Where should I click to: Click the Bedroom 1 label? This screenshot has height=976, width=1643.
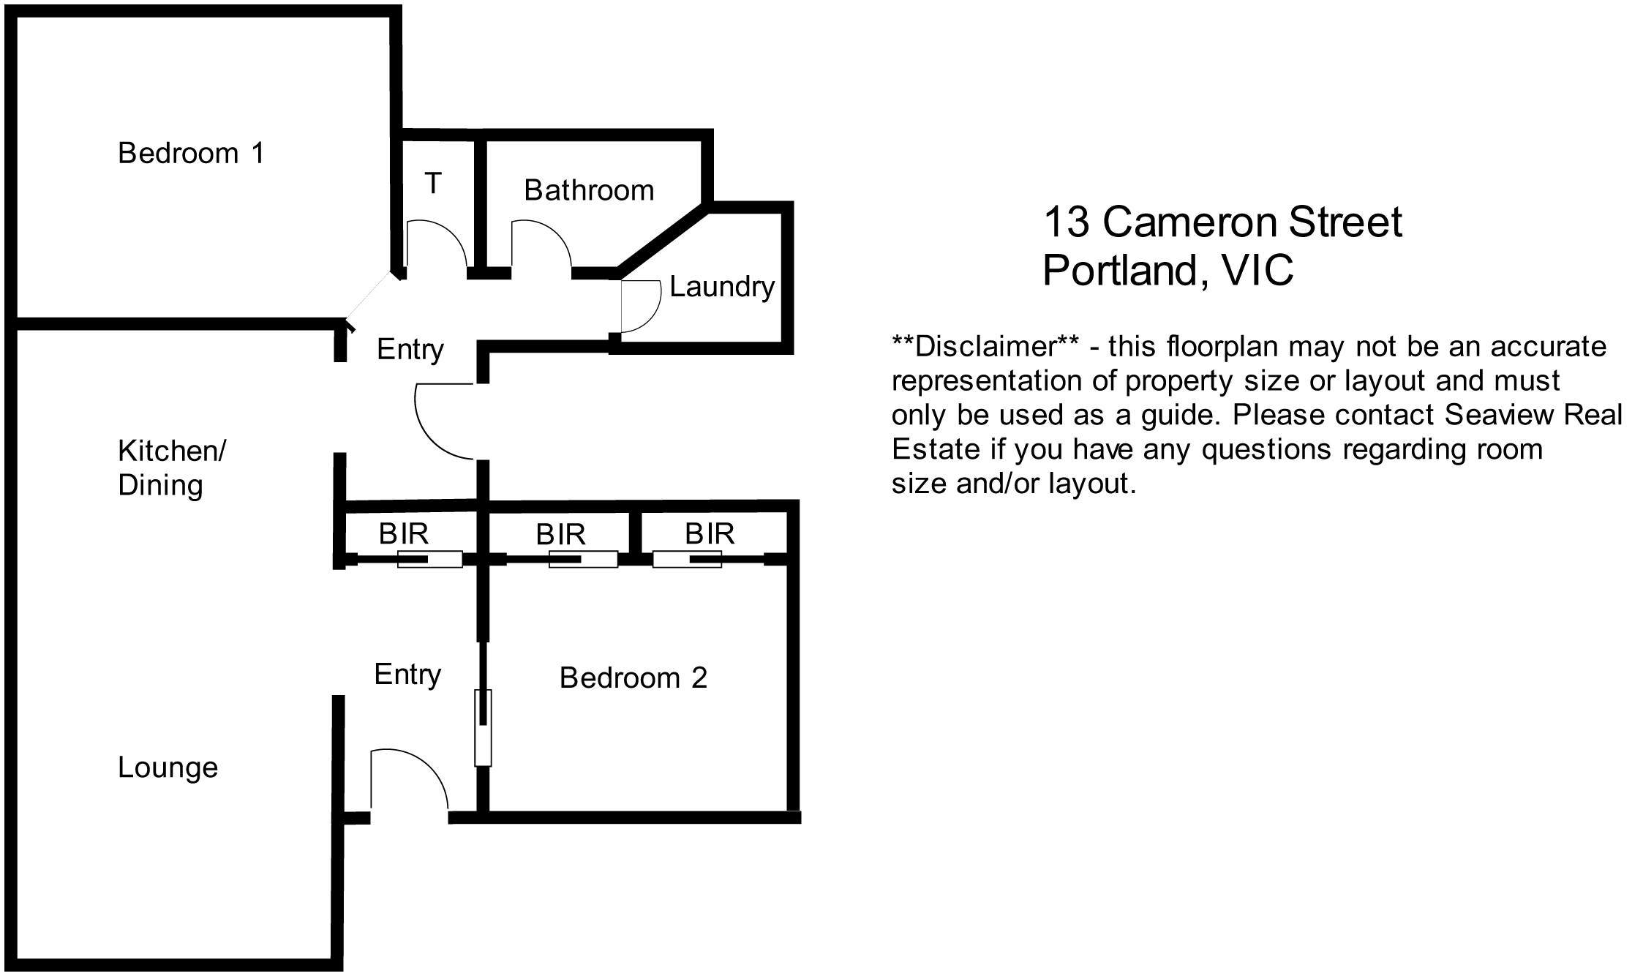(x=191, y=154)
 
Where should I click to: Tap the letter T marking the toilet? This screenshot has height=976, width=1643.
(x=433, y=183)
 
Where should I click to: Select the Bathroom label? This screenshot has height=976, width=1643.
(x=589, y=190)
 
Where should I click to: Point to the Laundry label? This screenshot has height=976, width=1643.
(x=722, y=287)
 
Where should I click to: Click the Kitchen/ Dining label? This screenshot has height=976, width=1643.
(x=172, y=468)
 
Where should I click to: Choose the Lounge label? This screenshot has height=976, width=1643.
(x=168, y=767)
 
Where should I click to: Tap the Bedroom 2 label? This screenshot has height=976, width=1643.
(x=633, y=678)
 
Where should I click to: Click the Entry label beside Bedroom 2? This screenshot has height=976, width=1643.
(x=407, y=675)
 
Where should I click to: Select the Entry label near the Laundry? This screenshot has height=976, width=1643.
(x=410, y=350)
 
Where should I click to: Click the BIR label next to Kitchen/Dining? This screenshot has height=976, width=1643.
(x=404, y=534)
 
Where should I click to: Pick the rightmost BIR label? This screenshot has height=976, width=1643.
(x=710, y=534)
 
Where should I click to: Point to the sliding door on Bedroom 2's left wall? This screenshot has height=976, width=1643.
(x=483, y=728)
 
